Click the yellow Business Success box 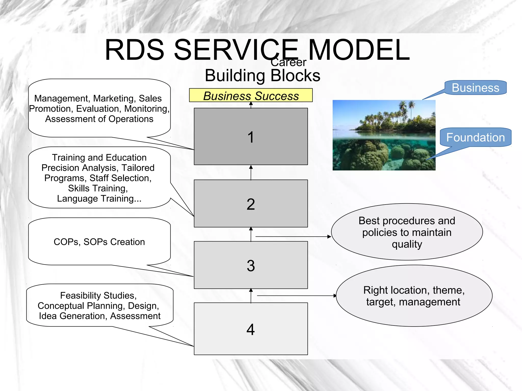tap(251, 96)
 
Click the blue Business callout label tap(475, 88)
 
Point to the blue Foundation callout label tap(475, 137)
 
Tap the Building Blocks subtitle tap(262, 76)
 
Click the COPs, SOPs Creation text tap(99, 242)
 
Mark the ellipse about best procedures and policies tap(407, 232)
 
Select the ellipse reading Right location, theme tap(414, 296)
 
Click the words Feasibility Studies tap(98, 295)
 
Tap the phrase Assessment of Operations tap(99, 119)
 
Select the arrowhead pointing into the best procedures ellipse tap(329, 237)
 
